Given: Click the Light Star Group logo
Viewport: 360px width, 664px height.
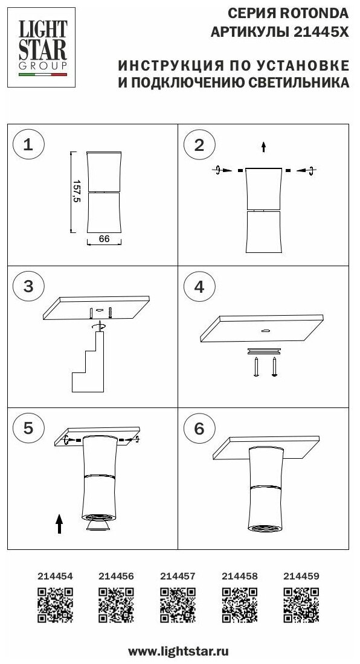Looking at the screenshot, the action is (x=42, y=48).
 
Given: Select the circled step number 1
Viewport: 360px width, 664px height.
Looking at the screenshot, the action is (x=28, y=145).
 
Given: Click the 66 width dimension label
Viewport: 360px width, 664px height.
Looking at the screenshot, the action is (x=104, y=239).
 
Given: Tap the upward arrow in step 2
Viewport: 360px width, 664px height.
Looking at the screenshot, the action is (x=263, y=147).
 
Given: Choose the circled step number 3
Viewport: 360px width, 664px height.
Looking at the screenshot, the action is (x=28, y=287).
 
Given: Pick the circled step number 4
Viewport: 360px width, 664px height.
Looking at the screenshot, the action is (x=199, y=287).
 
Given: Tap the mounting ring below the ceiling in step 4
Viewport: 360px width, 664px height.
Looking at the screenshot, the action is (x=265, y=351).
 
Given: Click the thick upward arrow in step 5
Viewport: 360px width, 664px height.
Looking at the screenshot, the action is (x=59, y=523).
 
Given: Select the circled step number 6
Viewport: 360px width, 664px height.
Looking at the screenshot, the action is (x=199, y=429).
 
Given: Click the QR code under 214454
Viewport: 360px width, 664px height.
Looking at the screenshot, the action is (x=55, y=605).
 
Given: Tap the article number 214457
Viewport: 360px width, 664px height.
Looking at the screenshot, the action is (x=178, y=576).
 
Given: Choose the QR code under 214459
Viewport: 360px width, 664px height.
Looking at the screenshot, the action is (x=301, y=605).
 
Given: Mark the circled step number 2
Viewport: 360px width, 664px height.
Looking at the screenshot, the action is (x=199, y=145).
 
